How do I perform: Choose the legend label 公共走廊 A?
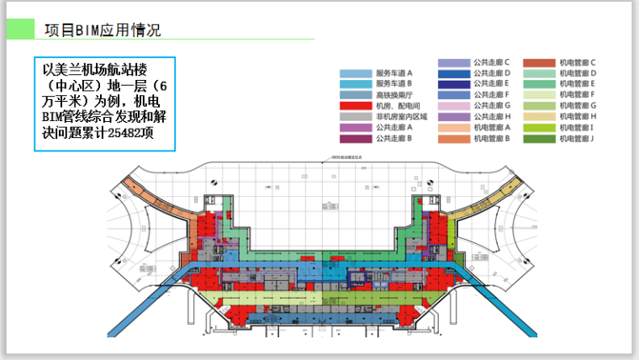point(394,127)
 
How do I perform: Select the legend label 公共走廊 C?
point(491,63)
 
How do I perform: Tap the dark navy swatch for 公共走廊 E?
point(453,84)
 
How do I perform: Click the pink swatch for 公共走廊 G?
point(453,106)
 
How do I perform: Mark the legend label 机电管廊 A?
point(491,127)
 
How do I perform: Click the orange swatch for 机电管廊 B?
point(453,138)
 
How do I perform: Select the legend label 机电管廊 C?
point(577,63)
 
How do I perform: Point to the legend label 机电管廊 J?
point(577,138)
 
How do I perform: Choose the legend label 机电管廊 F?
point(577,95)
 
